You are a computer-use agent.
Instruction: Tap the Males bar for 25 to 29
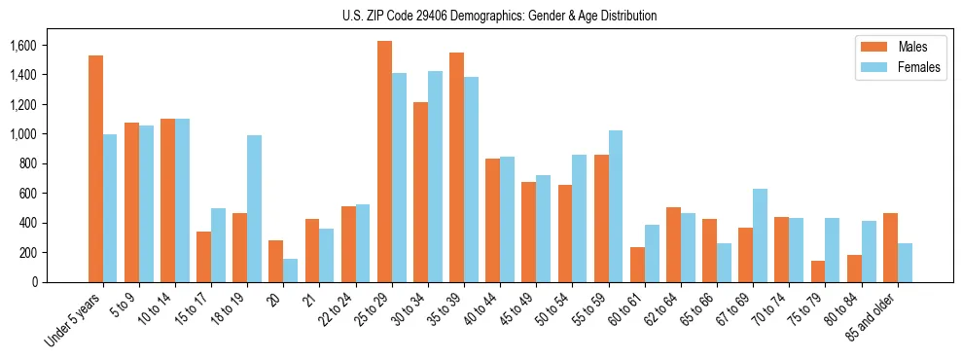point(384,162)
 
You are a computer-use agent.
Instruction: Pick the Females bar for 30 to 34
point(435,176)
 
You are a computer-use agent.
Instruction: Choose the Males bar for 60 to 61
point(637,265)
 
